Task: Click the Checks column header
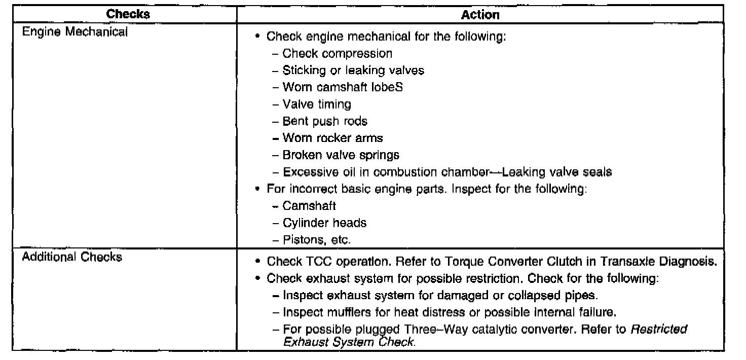[x=128, y=15]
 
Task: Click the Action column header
[x=480, y=15]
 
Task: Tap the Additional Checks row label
[x=71, y=257]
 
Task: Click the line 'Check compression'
[x=337, y=53]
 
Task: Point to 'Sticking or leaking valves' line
[x=353, y=70]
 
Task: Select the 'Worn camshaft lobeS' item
[x=343, y=87]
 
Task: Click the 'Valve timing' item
[x=317, y=104]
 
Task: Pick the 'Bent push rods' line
[x=325, y=121]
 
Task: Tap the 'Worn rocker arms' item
[x=332, y=138]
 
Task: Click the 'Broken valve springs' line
[x=341, y=155]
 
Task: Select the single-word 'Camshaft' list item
[x=309, y=206]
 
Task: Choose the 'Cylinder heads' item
[x=324, y=223]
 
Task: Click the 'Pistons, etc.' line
[x=316, y=239]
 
